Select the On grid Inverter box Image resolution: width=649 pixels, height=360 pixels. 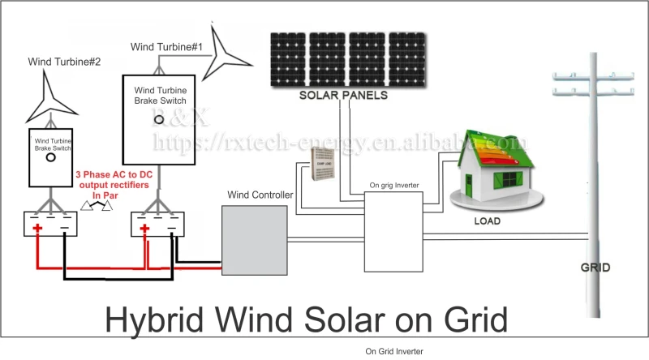(x=393, y=229)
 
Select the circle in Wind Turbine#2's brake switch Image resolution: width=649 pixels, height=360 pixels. (x=50, y=159)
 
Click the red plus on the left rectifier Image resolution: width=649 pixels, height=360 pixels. (x=37, y=229)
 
